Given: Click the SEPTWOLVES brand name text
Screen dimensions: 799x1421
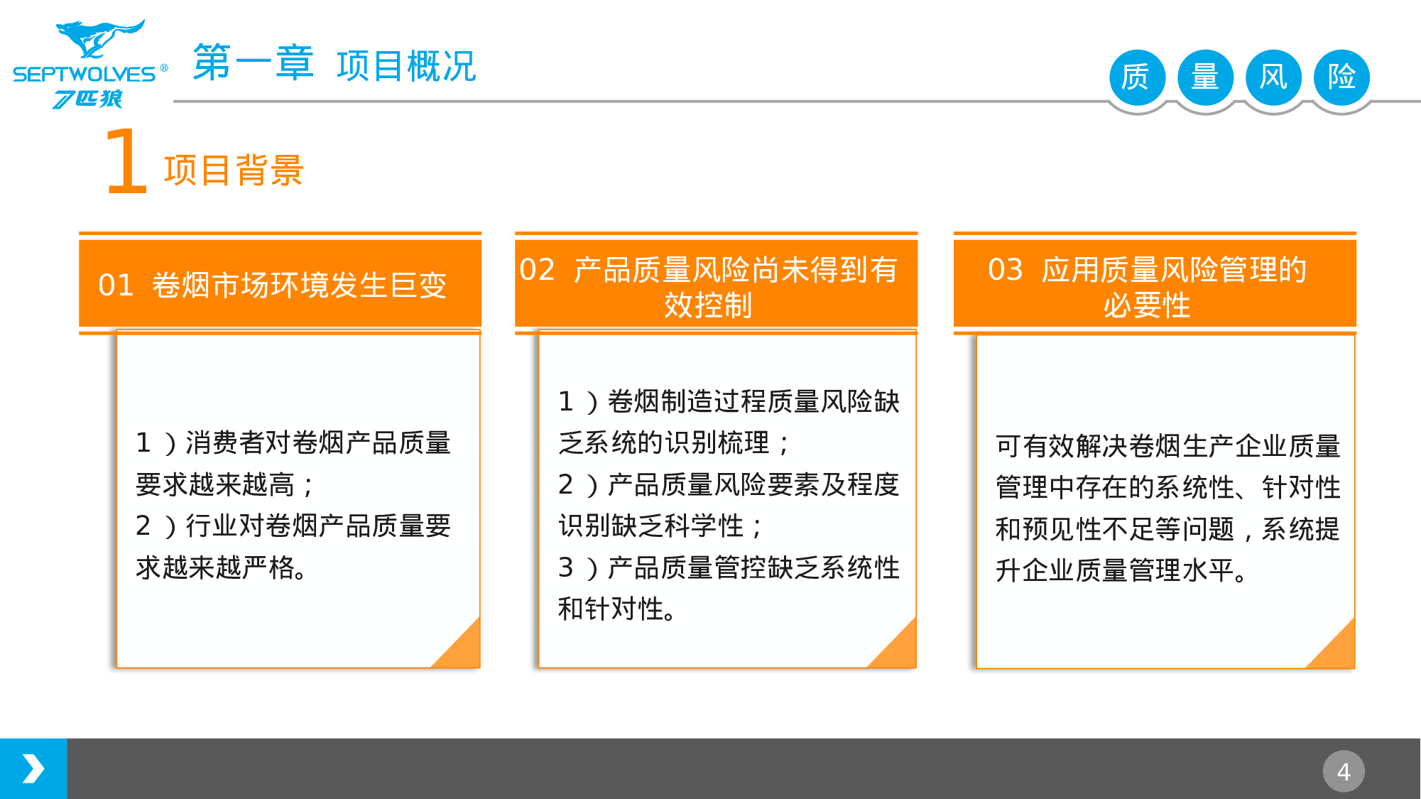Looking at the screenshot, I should tap(84, 74).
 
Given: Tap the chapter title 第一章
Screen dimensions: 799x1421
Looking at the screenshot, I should tap(253, 63).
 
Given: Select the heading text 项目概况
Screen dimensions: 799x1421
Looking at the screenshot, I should tap(405, 66).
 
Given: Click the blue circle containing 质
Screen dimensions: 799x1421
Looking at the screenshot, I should tap(1136, 77).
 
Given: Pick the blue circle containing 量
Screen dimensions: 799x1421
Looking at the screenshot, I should tap(1204, 77).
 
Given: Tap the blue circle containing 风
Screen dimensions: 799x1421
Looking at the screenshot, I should tap(1273, 77).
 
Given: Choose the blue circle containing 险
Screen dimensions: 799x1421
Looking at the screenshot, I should tap(1341, 77).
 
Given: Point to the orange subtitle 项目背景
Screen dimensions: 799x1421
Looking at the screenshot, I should tap(234, 170).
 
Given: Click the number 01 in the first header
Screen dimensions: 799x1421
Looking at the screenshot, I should tap(116, 286).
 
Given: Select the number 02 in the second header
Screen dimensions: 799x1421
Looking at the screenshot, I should tap(537, 270).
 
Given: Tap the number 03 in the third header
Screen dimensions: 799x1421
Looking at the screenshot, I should tap(1005, 270).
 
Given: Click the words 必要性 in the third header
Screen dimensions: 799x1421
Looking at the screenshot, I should tap(1147, 305).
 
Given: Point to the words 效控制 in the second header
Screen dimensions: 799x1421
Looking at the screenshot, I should tap(708, 305).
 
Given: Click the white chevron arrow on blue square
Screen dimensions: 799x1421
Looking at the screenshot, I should tap(33, 769).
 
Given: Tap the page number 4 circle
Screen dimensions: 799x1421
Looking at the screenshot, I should tap(1343, 771).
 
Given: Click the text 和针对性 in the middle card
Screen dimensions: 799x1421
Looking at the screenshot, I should tap(611, 609).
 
